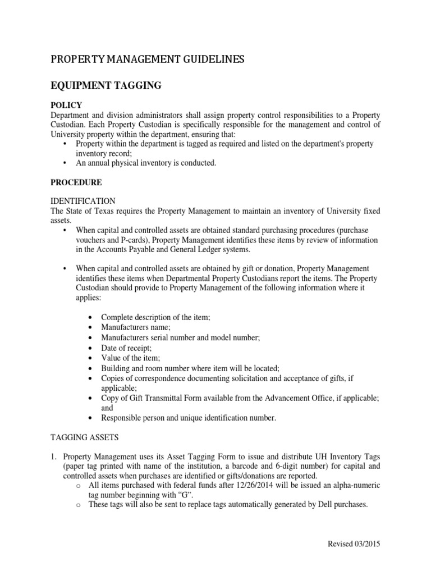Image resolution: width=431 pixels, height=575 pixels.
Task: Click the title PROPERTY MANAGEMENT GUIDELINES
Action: tap(148, 60)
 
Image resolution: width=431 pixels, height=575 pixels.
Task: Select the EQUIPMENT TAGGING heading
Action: tap(106, 85)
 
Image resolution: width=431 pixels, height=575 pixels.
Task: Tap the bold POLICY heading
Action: tap(67, 105)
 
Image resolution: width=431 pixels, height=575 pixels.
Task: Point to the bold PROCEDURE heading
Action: tap(76, 182)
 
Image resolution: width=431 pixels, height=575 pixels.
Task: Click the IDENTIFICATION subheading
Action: tap(83, 201)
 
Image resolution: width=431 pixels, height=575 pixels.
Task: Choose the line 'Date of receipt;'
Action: tap(126, 348)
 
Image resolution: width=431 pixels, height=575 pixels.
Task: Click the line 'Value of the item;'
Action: tap(130, 358)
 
